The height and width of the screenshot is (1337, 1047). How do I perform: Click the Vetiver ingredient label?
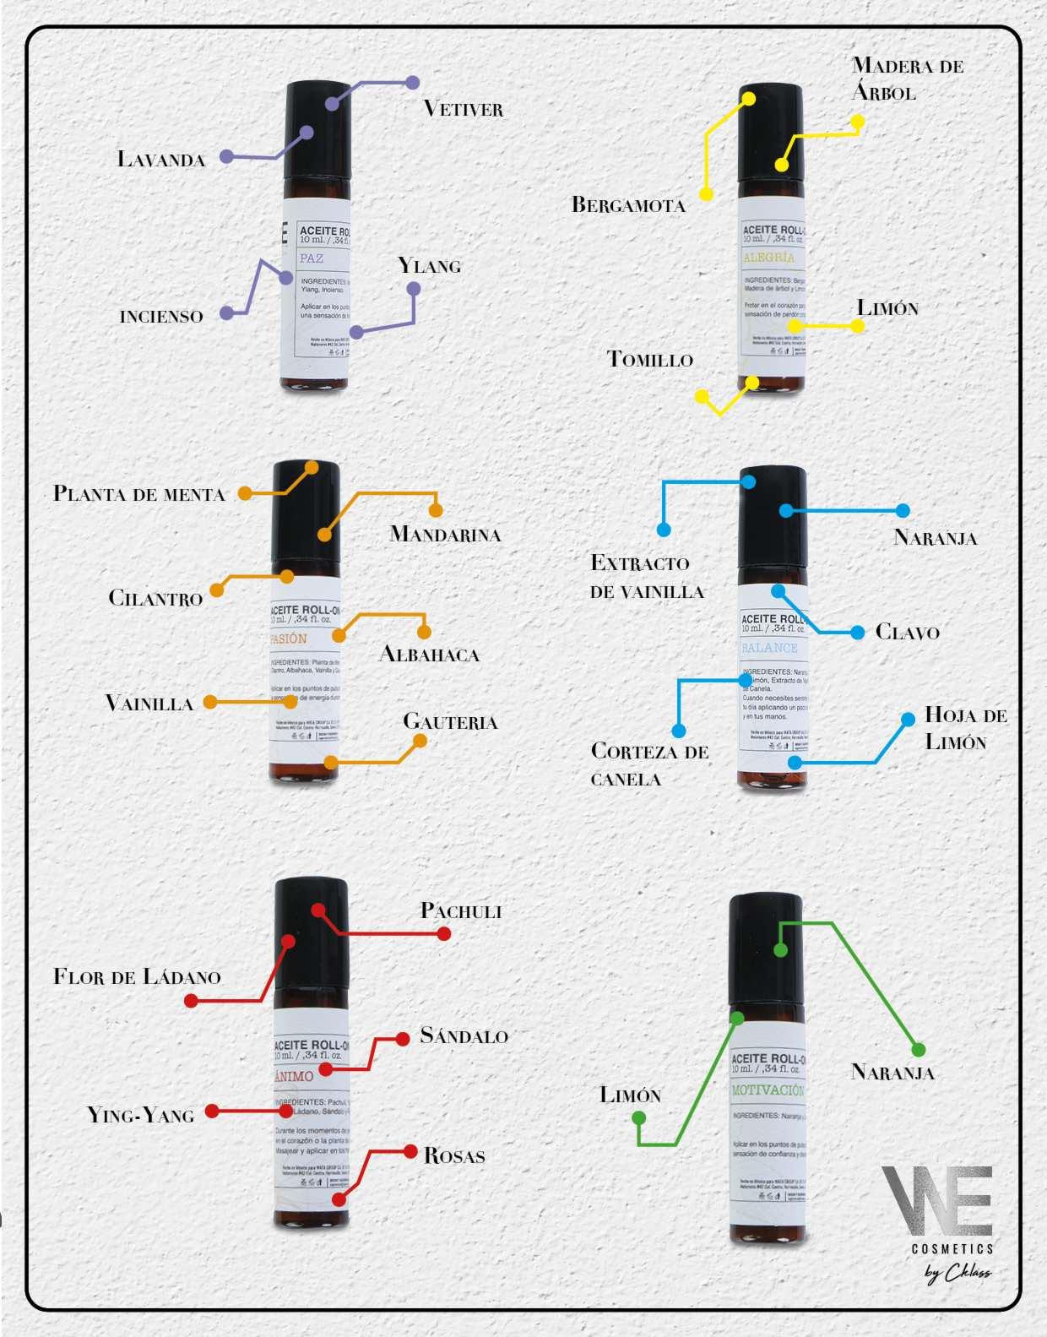pyautogui.click(x=463, y=109)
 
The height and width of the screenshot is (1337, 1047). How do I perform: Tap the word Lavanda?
pyautogui.click(x=161, y=160)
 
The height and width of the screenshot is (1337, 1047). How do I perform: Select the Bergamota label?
pyautogui.click(x=628, y=204)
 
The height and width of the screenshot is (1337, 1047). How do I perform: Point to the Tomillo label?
pyautogui.click(x=650, y=360)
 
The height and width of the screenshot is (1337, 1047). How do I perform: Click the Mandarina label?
pyautogui.click(x=445, y=534)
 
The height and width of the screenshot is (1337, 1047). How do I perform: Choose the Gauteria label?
pyautogui.click(x=450, y=722)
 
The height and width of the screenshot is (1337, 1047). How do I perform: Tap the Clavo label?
pyautogui.click(x=907, y=632)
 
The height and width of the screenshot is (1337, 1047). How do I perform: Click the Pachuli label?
pyautogui.click(x=461, y=911)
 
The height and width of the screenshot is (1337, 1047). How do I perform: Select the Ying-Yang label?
pyautogui.click(x=141, y=1116)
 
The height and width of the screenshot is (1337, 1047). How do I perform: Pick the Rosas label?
pyautogui.click(x=454, y=1155)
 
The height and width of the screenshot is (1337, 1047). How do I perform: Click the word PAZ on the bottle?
pyautogui.click(x=312, y=258)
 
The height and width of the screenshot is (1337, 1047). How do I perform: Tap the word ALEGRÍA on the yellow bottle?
pyautogui.click(x=768, y=257)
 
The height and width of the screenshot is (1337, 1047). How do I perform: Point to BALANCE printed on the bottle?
pyautogui.click(x=769, y=648)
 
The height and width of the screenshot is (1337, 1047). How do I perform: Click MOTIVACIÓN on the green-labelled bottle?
pyautogui.click(x=768, y=1090)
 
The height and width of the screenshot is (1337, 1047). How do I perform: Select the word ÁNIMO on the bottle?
pyautogui.click(x=294, y=1076)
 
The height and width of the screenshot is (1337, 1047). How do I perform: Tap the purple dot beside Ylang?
pyautogui.click(x=414, y=289)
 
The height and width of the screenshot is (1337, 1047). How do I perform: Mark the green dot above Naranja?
pyautogui.click(x=919, y=1050)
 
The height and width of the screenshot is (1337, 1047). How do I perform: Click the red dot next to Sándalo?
pyautogui.click(x=402, y=1039)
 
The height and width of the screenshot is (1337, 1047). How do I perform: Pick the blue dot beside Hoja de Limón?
pyautogui.click(x=908, y=720)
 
